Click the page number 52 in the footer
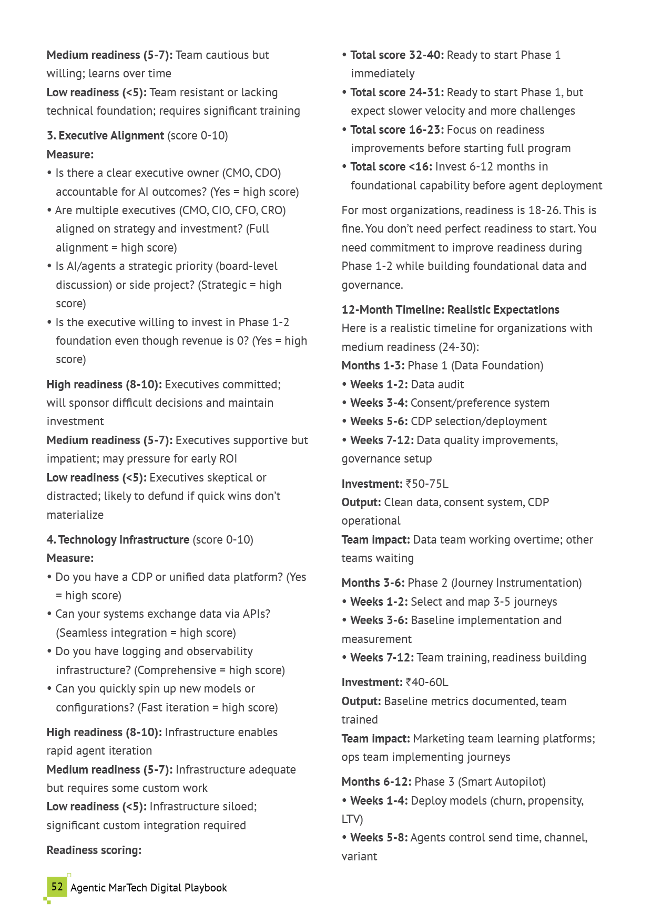pos(57,887)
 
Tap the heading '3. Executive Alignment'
pos(105,136)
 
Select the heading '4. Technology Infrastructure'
pos(118,540)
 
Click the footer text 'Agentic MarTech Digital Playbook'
pos(149,888)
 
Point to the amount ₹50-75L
pos(427,484)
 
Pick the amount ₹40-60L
pos(427,683)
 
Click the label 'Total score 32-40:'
pos(397,55)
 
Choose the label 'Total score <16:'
pos(391,167)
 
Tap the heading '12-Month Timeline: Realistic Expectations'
pos(450,310)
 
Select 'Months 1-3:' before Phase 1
pos(373,366)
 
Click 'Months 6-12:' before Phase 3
pos(376,782)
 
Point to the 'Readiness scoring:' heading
pos(94,850)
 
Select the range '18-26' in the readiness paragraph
pos(544,210)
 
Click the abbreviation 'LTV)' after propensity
pos(352,819)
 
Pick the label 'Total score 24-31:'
pos(397,93)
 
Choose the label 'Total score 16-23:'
pos(397,130)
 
